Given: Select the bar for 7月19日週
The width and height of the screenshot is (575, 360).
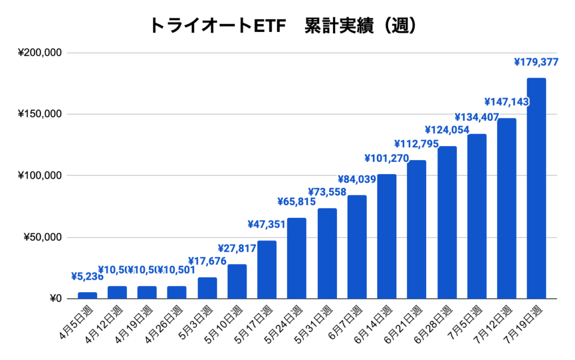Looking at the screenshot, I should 536,188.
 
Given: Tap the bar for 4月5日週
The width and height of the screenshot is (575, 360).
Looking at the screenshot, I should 87,295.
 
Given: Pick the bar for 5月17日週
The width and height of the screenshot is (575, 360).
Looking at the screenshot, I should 267,270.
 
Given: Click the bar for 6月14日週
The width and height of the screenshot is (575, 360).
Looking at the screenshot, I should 387,236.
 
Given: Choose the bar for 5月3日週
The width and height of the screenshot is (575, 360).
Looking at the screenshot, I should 207,288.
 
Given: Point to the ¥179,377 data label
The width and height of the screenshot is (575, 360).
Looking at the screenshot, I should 536,62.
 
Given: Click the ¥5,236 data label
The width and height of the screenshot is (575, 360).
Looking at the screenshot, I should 87,276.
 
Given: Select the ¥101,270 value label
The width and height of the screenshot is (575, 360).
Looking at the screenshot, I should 387,158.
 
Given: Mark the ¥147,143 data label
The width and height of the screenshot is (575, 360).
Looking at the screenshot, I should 506,102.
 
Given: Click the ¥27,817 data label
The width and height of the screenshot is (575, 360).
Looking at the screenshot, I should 236,248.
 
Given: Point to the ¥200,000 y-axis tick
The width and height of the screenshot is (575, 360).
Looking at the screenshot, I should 39,53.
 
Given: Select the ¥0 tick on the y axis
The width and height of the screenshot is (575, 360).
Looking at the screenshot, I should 54,298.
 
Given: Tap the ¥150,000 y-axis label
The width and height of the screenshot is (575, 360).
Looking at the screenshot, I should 39,115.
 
